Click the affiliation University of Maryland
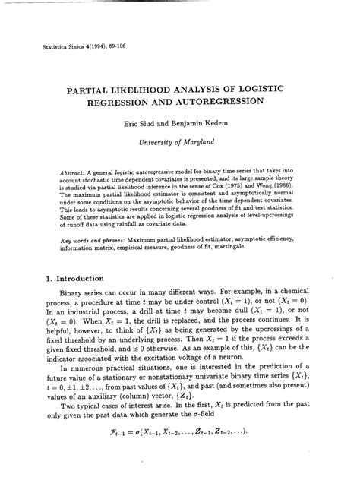coord(181,141)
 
